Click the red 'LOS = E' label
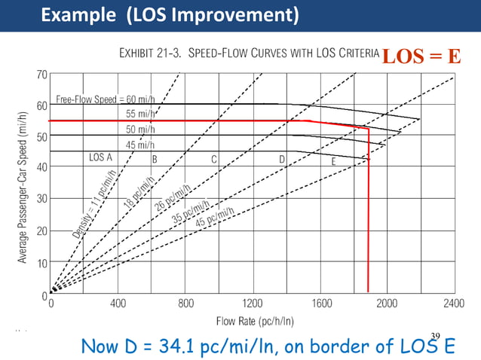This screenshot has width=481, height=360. pos(421,56)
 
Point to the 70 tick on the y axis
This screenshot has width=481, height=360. pos(41,75)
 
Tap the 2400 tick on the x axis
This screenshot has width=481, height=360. pos(454,304)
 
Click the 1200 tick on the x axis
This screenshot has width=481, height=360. pos(253,304)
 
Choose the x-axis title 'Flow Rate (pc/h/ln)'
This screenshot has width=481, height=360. pos(255,321)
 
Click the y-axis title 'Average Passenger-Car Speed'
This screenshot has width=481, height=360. pos(22,188)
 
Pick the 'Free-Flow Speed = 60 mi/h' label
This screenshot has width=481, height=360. pos(106,99)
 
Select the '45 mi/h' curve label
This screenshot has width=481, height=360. pos(140,145)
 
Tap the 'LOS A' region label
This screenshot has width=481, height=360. pos(100,158)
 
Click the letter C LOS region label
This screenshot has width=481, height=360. pos(214,159)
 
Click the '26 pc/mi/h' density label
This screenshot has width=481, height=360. pos(171,197)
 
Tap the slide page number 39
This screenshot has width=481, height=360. pos(435,336)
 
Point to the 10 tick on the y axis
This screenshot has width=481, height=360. pos(42,263)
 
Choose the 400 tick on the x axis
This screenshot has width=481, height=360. pos(118,304)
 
